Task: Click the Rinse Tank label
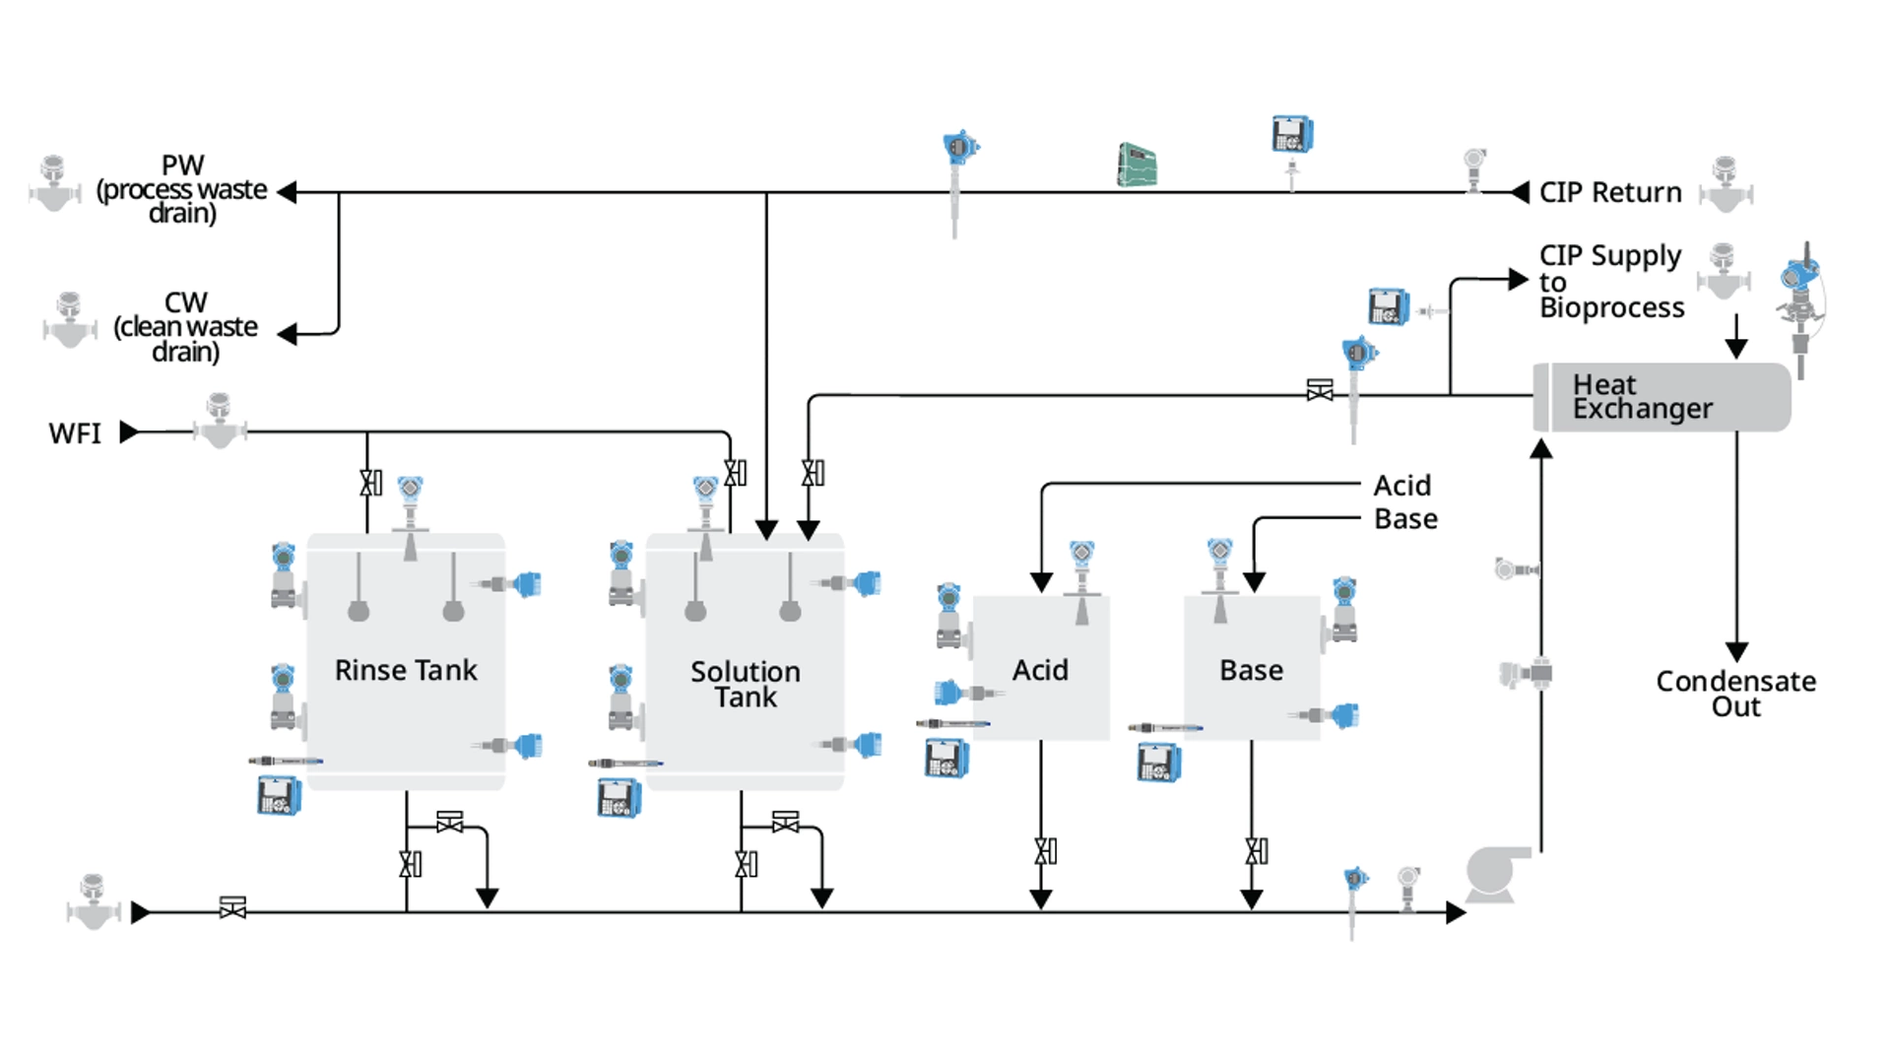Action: click(x=405, y=670)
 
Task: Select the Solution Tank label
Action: click(x=745, y=684)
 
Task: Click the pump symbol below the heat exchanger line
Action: click(x=1496, y=874)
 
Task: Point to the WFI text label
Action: click(x=75, y=433)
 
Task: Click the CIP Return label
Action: click(x=1609, y=192)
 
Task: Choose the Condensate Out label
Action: click(x=1735, y=694)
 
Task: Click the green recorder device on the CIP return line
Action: click(x=1137, y=166)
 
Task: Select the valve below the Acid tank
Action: click(x=1045, y=851)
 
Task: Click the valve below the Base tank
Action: click(x=1256, y=851)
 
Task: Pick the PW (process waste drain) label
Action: click(x=182, y=189)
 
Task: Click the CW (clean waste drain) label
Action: click(x=185, y=327)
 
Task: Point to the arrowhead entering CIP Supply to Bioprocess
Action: click(x=1518, y=280)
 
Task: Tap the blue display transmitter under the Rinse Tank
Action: click(x=280, y=796)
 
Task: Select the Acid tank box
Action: click(x=1041, y=668)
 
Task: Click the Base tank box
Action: click(x=1251, y=668)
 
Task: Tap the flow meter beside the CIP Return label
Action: click(x=1725, y=185)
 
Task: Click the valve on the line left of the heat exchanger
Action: click(x=1320, y=390)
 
